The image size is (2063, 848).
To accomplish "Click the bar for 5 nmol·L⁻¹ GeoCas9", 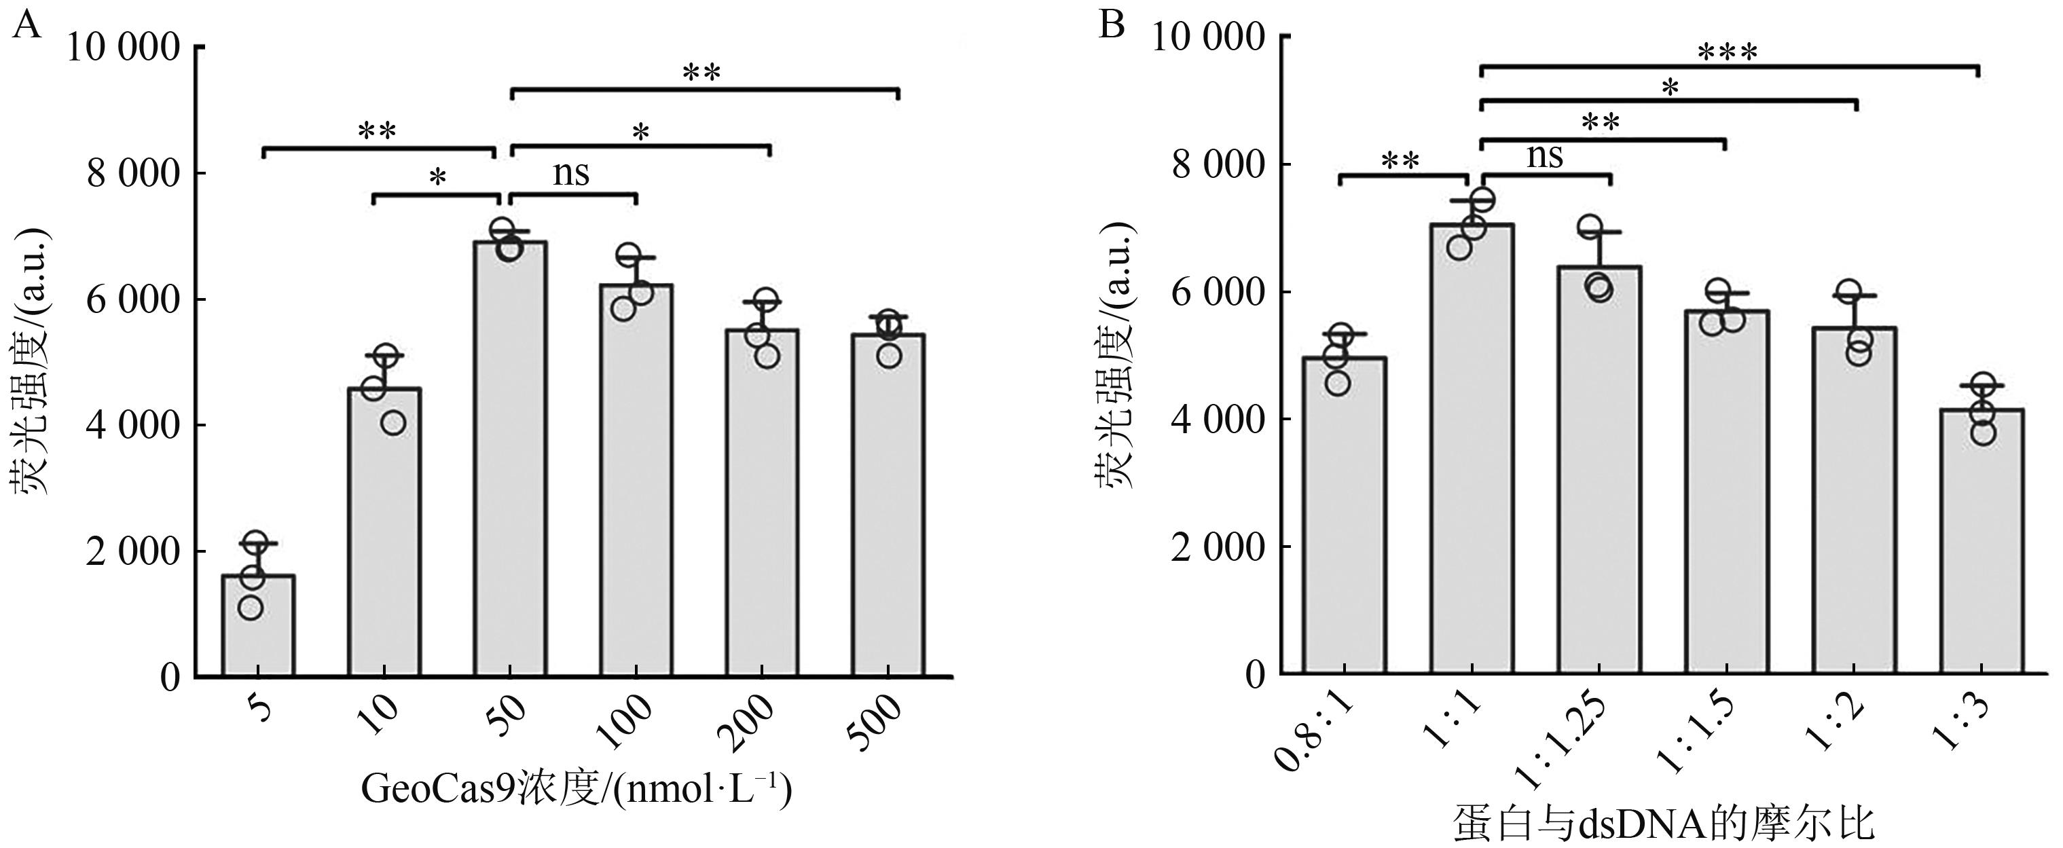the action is point(258,625).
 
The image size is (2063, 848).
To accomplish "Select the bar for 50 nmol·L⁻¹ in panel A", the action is point(511,459).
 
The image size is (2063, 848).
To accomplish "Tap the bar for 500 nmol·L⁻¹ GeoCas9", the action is point(889,505).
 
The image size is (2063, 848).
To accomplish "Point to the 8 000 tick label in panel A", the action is point(132,174).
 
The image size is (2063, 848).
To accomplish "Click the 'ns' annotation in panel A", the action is point(571,173).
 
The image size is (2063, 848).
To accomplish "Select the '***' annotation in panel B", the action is point(1728,54).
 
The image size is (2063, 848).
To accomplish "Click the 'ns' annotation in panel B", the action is point(1545,155).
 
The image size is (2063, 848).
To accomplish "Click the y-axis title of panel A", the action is point(30,361).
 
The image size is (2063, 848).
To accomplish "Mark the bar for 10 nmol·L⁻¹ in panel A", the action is point(384,532).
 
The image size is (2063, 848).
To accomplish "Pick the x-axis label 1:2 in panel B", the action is point(1845,722).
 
